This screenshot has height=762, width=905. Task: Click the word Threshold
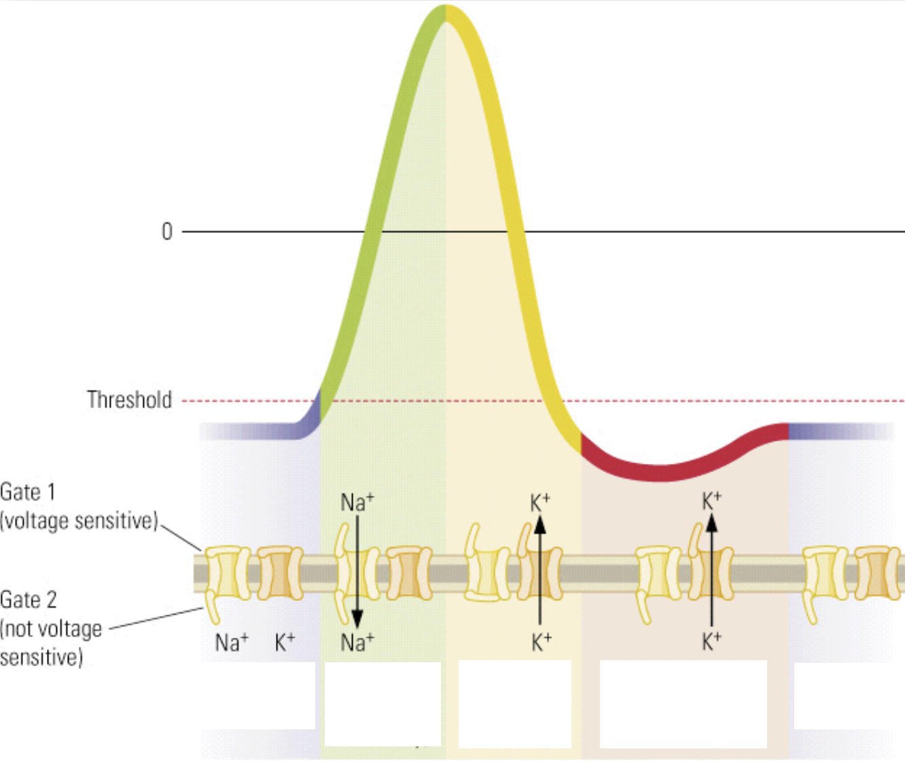(x=129, y=400)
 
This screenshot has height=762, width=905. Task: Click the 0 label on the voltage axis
(x=167, y=232)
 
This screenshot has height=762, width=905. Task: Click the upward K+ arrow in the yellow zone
(x=539, y=570)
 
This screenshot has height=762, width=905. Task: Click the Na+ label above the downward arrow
(x=357, y=503)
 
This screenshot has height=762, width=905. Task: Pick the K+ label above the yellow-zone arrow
(x=539, y=503)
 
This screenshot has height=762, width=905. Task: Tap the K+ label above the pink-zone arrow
(x=711, y=501)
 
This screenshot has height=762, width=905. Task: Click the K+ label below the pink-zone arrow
(x=711, y=641)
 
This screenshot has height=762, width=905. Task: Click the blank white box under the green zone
(x=383, y=704)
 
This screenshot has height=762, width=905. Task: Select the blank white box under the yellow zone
(x=514, y=704)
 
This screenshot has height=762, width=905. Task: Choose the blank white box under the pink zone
(x=683, y=704)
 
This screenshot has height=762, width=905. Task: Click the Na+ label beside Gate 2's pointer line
(x=232, y=642)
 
